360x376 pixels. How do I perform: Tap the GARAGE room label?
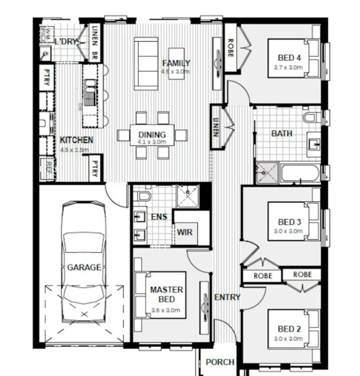tap(84, 268)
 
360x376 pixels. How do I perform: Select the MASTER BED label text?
tap(167, 295)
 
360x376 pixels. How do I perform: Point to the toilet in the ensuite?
tap(142, 197)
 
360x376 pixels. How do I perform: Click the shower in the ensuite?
tap(188, 196)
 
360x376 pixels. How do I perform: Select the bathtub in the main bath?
tap(300, 173)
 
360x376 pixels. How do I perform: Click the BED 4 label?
tap(289, 58)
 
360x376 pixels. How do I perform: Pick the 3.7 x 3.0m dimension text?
tap(289, 67)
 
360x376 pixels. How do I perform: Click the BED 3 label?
tap(289, 222)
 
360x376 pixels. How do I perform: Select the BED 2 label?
tap(289, 329)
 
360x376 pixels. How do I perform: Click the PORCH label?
tap(220, 362)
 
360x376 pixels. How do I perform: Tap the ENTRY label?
tap(227, 297)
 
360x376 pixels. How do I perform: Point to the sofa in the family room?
tap(146, 64)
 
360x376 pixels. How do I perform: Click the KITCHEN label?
tap(76, 140)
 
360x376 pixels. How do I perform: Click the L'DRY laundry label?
tap(66, 42)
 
